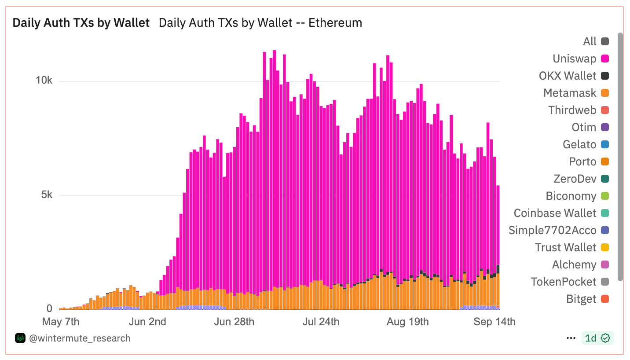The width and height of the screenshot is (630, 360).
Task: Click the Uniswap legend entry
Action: pos(574,59)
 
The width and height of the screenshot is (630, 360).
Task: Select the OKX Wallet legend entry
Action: pos(568,76)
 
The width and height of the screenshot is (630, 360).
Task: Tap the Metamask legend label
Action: pos(570,93)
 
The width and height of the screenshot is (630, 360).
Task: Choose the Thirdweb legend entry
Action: pos(572,110)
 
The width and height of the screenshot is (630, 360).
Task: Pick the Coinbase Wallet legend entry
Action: pos(555,213)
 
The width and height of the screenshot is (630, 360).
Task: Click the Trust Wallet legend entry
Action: pos(565,247)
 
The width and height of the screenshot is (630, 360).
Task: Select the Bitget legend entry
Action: pos(581,299)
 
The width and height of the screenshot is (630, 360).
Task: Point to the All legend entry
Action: pos(590,41)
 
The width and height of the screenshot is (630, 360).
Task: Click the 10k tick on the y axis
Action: pos(44,81)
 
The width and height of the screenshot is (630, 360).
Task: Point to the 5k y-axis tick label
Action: pos(47,195)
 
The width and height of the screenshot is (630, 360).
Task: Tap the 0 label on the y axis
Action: pos(49,309)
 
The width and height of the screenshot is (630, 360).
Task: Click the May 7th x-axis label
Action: pos(61,322)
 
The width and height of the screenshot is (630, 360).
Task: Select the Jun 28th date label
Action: pos(234,322)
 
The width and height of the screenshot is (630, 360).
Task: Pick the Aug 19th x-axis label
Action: pos(407,322)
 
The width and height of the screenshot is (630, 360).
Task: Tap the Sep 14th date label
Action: pos(494,322)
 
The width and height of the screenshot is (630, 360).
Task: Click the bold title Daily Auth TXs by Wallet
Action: pos(81,23)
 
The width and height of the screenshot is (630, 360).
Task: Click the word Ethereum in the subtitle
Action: pos(335,23)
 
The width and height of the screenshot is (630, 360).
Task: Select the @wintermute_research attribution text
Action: pos(80,338)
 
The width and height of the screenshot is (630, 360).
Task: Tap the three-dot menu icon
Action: pos(571,338)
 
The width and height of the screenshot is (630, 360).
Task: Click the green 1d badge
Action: pos(597,338)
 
